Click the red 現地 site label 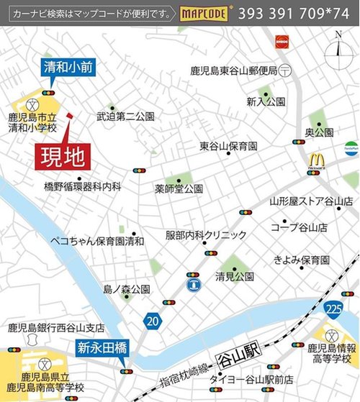click(63, 155)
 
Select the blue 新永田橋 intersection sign click(102, 348)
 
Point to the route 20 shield click(150, 319)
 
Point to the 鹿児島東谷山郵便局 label click(234, 70)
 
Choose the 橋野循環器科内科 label click(82, 186)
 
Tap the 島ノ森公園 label click(126, 289)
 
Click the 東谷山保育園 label click(228, 146)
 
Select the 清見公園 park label click(234, 276)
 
